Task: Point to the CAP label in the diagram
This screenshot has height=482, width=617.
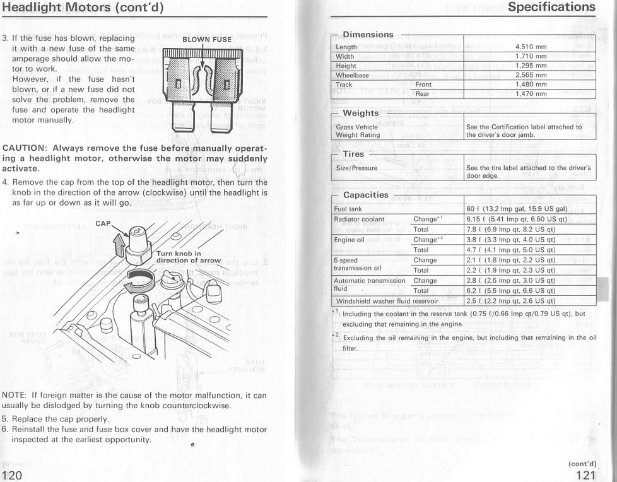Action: [x=103, y=223]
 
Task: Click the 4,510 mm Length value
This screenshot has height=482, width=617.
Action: [x=531, y=47]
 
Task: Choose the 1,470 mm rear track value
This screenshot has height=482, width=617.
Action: [x=531, y=93]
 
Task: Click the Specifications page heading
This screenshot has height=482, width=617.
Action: [x=560, y=8]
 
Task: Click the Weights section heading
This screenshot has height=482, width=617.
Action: [x=360, y=112]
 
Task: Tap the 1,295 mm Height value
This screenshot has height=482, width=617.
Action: [x=531, y=65]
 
